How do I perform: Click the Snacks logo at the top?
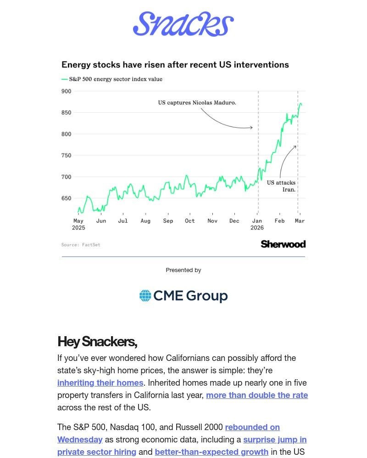[x=183, y=24]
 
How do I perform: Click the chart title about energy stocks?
[x=175, y=65]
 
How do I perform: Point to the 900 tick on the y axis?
[x=66, y=91]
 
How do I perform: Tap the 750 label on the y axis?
[x=66, y=156]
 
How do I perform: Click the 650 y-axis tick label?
[x=66, y=198]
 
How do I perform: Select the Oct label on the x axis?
[x=189, y=221]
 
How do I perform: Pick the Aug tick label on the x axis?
[x=145, y=221]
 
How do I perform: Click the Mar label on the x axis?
[x=300, y=221]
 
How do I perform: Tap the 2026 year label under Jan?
[x=257, y=228]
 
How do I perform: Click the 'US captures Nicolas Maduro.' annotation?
[x=197, y=103]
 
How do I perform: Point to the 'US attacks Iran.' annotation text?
[x=282, y=186]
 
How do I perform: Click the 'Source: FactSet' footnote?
[x=81, y=245]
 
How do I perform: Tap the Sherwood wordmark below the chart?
[x=283, y=244]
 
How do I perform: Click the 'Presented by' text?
[x=183, y=270]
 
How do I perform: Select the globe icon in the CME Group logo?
[x=145, y=295]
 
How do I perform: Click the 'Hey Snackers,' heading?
[x=97, y=342]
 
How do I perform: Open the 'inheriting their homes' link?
[x=100, y=383]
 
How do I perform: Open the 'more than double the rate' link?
[x=257, y=395]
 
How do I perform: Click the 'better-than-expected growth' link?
[x=211, y=452]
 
